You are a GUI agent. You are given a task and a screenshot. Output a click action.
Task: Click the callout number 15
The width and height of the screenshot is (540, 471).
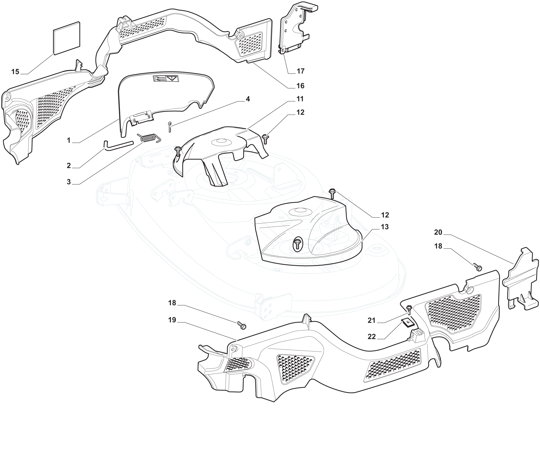point(15,72)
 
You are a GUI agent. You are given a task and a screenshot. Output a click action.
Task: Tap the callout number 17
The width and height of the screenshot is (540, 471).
point(301,71)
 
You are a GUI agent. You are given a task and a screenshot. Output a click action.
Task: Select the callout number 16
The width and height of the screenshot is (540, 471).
point(300,86)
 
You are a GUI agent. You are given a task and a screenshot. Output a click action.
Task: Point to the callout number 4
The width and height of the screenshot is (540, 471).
point(247,99)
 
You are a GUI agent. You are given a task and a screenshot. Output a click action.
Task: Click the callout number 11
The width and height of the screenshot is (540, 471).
point(300,99)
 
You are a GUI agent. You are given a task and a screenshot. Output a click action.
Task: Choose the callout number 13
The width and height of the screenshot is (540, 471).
point(385,227)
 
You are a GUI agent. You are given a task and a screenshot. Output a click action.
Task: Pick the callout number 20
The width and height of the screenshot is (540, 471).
point(438,232)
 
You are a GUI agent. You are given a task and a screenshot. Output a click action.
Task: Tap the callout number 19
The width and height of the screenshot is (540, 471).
point(172,320)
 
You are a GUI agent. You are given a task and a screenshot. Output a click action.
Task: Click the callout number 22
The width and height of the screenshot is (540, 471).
point(372,337)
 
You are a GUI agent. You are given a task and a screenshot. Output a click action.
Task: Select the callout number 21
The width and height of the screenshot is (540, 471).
point(372,320)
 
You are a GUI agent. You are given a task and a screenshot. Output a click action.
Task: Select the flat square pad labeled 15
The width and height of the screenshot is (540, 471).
point(67,38)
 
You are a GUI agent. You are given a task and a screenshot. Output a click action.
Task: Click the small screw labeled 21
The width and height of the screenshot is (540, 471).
point(409,309)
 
